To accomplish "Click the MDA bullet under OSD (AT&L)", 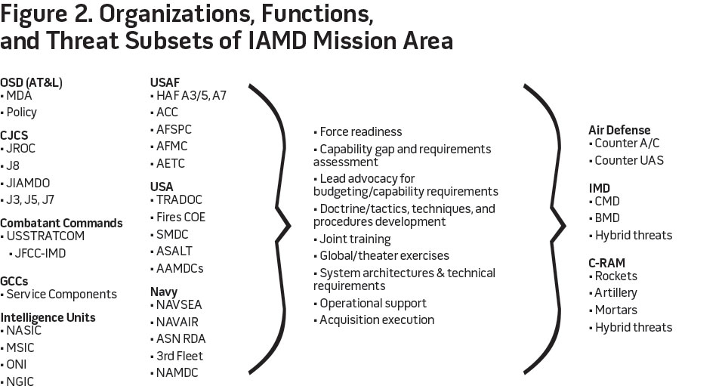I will click(21, 95).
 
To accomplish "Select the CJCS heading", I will click(14, 134).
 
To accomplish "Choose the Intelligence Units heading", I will click(48, 317).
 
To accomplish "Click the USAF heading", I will click(165, 82).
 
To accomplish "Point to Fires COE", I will click(180, 217).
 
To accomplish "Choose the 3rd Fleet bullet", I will click(180, 356).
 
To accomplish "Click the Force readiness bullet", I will click(359, 131).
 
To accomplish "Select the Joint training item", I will click(354, 239).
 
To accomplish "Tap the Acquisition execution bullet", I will click(375, 320).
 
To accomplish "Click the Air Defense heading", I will click(619, 130).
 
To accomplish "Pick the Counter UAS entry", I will click(629, 160).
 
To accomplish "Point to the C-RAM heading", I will click(607, 263).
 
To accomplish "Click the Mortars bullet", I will click(615, 310).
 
